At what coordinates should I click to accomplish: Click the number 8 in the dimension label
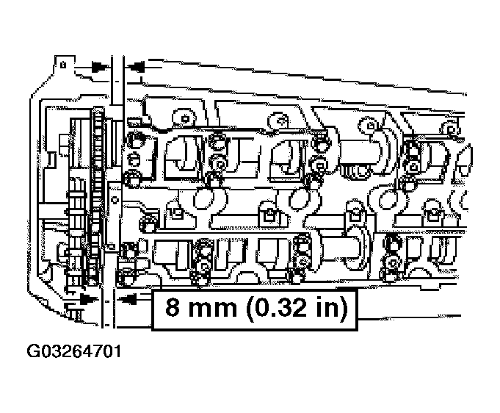pos(172,306)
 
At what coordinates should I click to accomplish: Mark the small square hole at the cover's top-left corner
pos(68,65)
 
